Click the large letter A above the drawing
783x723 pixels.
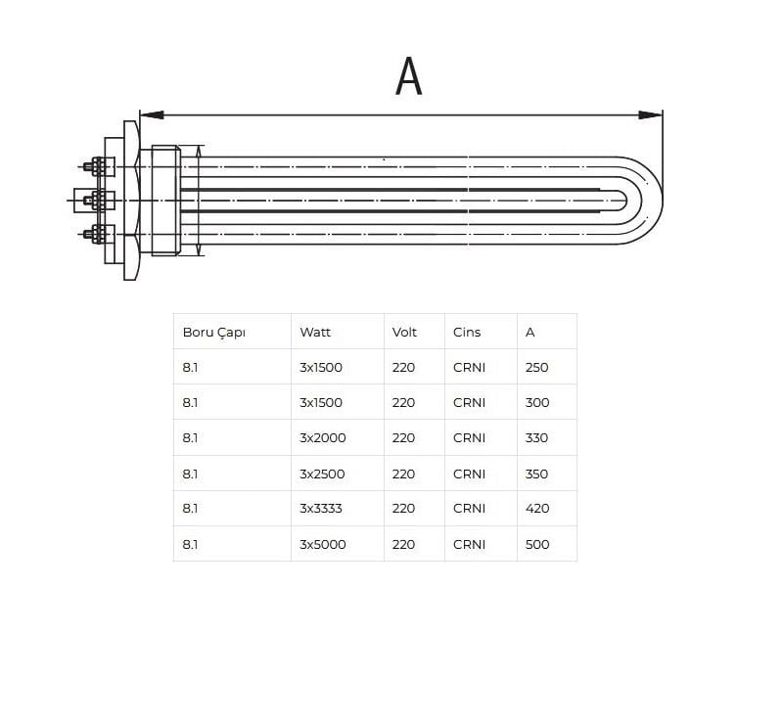408,75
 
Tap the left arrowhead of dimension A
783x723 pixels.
152,114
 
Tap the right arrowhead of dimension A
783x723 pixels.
650,114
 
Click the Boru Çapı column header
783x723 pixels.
213,333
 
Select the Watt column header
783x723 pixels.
315,332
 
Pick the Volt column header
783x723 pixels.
404,332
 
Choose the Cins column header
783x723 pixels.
467,332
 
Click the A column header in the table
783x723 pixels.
530,332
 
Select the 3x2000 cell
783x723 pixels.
323,438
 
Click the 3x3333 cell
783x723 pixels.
321,509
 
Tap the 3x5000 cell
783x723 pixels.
323,544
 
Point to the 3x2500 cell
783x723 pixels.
322,474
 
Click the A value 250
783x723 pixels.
536,368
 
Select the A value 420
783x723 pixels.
537,509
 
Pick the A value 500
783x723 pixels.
537,544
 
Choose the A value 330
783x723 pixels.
536,438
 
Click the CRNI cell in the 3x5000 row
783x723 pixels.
470,544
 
